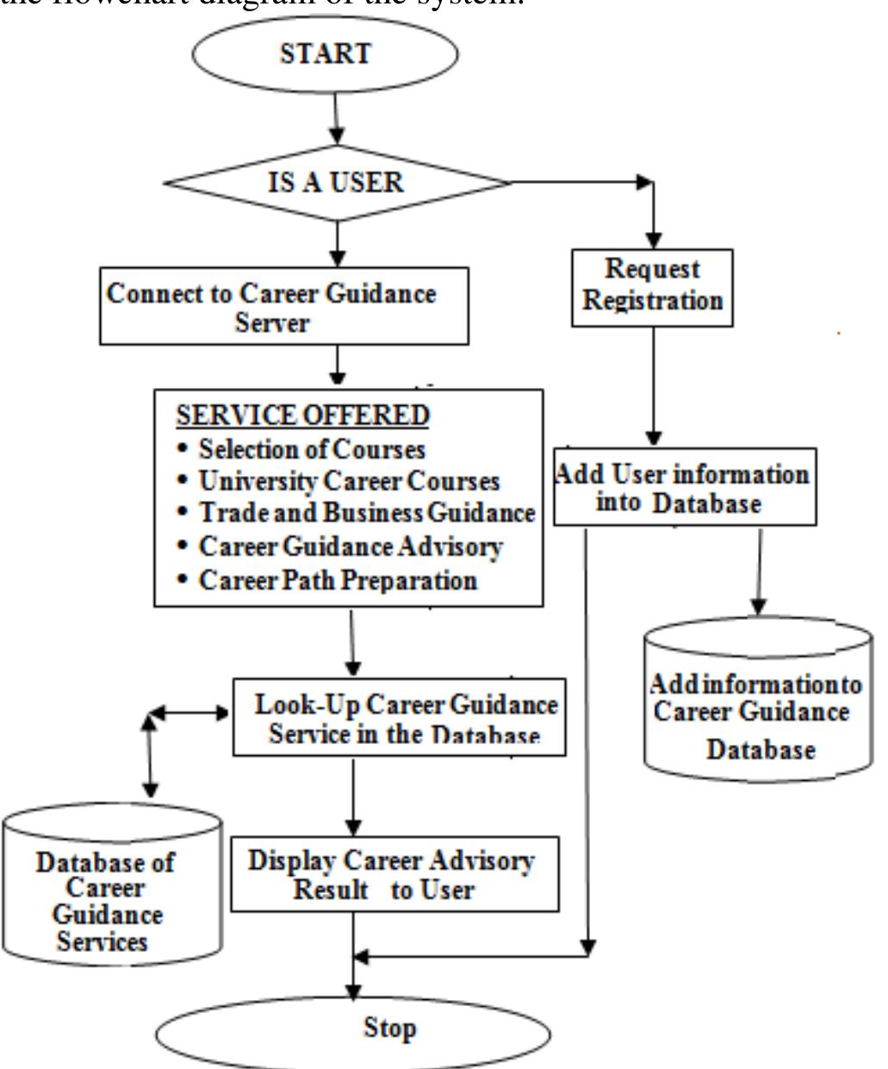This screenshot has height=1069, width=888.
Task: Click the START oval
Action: [325, 53]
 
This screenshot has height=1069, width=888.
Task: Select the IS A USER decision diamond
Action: [337, 183]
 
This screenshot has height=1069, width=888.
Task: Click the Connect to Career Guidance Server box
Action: [285, 306]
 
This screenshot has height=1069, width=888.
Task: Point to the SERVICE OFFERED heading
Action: [302, 416]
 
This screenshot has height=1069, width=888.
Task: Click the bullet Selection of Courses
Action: [311, 449]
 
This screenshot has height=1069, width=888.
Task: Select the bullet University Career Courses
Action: [348, 481]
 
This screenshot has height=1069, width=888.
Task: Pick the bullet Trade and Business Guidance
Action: [366, 513]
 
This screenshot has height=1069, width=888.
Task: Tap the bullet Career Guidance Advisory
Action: [350, 547]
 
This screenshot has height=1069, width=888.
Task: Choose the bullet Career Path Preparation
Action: [337, 579]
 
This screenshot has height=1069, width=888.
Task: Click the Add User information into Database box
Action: [684, 487]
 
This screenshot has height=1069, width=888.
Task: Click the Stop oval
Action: [353, 1030]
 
